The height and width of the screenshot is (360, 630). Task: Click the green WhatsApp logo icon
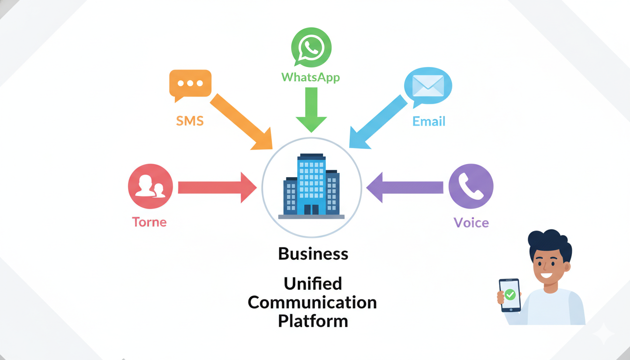pyautogui.click(x=311, y=47)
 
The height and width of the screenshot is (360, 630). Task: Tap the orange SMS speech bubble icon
pyautogui.click(x=190, y=84)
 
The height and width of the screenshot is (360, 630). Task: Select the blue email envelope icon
pyautogui.click(x=427, y=86)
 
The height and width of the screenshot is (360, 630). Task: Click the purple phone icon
pyautogui.click(x=471, y=186)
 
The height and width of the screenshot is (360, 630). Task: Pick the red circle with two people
pyautogui.click(x=150, y=186)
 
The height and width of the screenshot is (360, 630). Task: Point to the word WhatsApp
pyautogui.click(x=310, y=77)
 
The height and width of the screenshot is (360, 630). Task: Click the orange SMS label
pyautogui.click(x=190, y=121)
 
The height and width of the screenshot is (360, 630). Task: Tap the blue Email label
pyautogui.click(x=428, y=121)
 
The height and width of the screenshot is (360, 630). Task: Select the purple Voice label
pyautogui.click(x=471, y=222)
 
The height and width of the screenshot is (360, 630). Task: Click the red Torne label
pyautogui.click(x=150, y=222)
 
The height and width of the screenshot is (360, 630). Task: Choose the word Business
pyautogui.click(x=313, y=254)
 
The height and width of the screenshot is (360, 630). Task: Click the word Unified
pyautogui.click(x=313, y=284)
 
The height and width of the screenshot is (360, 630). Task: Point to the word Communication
pyautogui.click(x=312, y=302)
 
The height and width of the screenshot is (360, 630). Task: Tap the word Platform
pyautogui.click(x=313, y=321)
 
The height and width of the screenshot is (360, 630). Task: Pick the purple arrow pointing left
pyautogui.click(x=405, y=187)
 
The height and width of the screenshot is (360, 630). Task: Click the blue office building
pyautogui.click(x=311, y=187)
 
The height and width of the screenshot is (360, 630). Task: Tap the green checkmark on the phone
pyautogui.click(x=510, y=295)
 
